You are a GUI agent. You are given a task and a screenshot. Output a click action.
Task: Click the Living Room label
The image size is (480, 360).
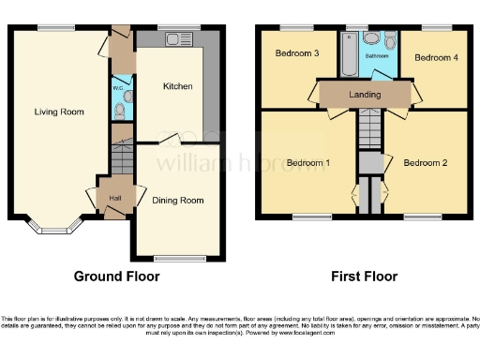tap(59, 112)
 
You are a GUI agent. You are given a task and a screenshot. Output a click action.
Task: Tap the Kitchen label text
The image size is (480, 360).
tap(178, 86)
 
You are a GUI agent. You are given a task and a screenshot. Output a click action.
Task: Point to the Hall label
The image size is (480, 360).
tap(115, 197)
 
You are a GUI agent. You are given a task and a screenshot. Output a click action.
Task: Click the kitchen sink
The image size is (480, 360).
tap(174, 39)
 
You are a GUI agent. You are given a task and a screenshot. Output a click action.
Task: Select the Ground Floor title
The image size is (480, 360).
tap(117, 277)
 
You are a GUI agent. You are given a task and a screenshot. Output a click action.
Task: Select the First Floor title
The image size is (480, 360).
tap(364, 277)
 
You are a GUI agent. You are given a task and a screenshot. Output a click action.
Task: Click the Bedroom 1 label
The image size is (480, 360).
tap(307, 163)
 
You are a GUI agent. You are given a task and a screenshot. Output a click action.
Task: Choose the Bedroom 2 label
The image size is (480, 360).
tap(425, 163)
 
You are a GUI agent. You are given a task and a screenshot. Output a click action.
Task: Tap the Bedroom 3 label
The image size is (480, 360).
tap(297, 53)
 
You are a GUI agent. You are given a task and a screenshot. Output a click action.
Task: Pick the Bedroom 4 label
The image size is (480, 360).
tap(437, 57)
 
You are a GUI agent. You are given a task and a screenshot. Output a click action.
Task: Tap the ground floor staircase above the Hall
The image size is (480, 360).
tap(120, 157)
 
